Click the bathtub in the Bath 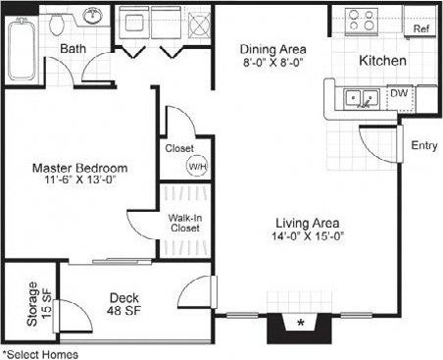[x=20, y=49]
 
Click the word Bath [x=72, y=48]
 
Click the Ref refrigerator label [x=421, y=29]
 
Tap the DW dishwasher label [x=399, y=94]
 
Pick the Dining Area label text [x=273, y=49]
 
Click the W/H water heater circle [x=196, y=165]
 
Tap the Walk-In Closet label [x=184, y=222]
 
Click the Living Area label [x=307, y=222]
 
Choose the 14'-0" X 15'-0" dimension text [x=307, y=236]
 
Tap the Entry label [x=423, y=146]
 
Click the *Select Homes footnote [x=40, y=353]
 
